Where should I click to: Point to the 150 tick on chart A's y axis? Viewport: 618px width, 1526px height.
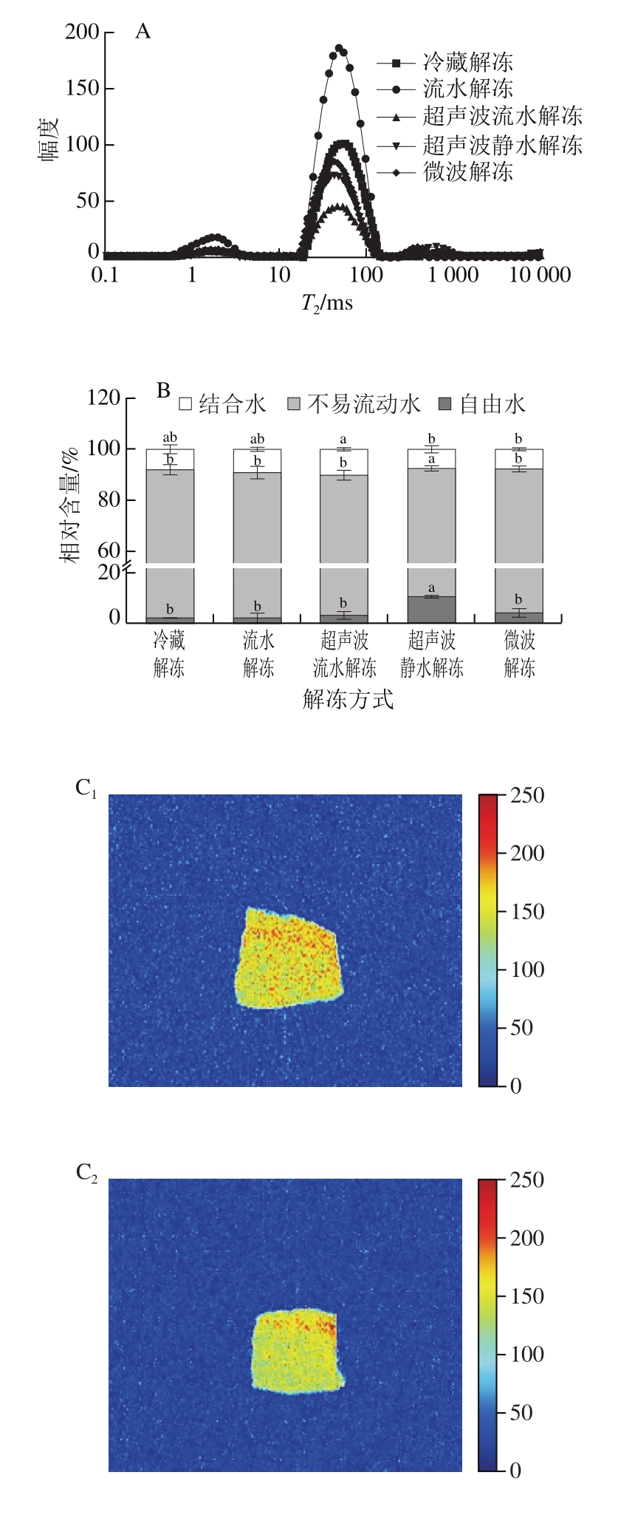pos(82,89)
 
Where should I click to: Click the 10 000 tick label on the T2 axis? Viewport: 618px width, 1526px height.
pos(537,276)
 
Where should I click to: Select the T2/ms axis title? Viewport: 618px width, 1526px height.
pos(326,302)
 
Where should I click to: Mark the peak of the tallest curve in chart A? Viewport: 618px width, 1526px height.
pos(339,49)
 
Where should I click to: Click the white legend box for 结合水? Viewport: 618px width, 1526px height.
pos(185,404)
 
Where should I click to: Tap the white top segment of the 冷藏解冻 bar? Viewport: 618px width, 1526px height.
pos(171,459)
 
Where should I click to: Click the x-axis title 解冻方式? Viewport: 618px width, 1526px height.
pos(348,698)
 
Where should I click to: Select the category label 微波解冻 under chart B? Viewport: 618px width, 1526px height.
pos(520,654)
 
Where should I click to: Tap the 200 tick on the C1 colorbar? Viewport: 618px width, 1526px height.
pos(527,854)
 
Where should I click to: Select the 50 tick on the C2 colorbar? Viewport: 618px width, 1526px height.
pos(521,1412)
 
